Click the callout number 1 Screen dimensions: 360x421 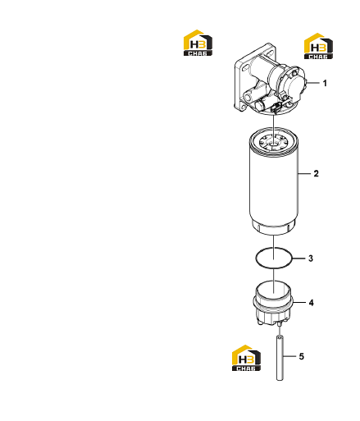pos(325,83)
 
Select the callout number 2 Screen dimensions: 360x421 pos(316,173)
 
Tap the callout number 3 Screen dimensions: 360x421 pos(311,259)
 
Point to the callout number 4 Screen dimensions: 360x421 pos(311,303)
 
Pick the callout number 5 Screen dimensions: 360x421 pos(301,356)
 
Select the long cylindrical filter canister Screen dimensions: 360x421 pos(274,181)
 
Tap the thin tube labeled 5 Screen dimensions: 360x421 pos(280,358)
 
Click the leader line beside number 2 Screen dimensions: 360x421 pos(305,173)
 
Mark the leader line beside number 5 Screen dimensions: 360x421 pos(289,356)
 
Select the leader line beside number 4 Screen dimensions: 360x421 pos(299,302)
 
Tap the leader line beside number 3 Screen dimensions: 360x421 pos(299,258)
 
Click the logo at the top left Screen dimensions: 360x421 pos(198,43)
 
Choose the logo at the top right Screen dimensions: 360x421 pos(318,46)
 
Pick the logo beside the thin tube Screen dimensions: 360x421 pos(246,358)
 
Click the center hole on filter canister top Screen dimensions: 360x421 pos(274,143)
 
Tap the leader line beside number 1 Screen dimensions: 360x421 pos(313,82)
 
